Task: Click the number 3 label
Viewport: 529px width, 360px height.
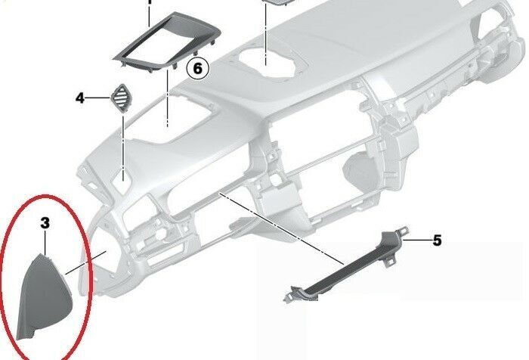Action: pos(45,223)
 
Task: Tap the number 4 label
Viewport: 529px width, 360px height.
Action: pos(79,98)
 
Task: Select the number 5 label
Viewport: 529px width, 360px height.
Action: pos(436,241)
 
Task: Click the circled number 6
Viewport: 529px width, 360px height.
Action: pos(197,70)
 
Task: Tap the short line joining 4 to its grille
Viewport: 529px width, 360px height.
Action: pos(98,98)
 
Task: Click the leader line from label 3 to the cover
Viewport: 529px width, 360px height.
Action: pos(45,242)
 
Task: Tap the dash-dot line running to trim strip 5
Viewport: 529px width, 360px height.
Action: pos(280,227)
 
